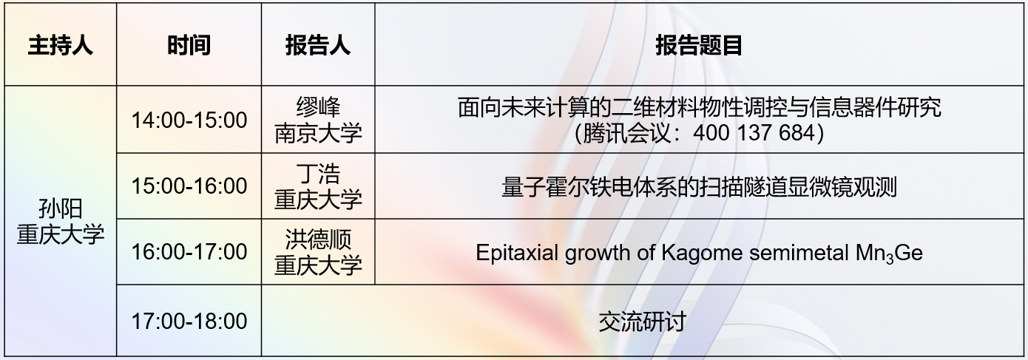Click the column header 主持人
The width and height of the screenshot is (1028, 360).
tap(60, 45)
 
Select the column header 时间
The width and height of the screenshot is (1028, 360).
tap(189, 45)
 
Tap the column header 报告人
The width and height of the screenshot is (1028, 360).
tap(317, 45)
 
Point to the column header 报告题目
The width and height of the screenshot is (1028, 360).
tap(699, 45)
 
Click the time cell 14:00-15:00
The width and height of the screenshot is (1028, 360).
tap(189, 120)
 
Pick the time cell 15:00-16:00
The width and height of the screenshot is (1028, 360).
tap(189, 186)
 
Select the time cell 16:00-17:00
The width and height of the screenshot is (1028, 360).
tap(189, 252)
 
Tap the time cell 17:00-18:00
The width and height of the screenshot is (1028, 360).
tap(189, 321)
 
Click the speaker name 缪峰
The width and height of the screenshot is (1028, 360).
tap(318, 107)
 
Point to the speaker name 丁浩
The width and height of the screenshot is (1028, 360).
tap(318, 174)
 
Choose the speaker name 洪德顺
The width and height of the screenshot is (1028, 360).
tap(318, 240)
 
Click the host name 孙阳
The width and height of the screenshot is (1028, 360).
tap(60, 210)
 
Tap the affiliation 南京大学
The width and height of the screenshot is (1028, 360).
tap(318, 134)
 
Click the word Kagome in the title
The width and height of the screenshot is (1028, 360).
tap(702, 253)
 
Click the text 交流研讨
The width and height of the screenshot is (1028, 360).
tap(642, 322)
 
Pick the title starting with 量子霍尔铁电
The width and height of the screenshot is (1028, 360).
tap(699, 187)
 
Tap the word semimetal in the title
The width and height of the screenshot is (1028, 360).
tap(799, 253)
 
